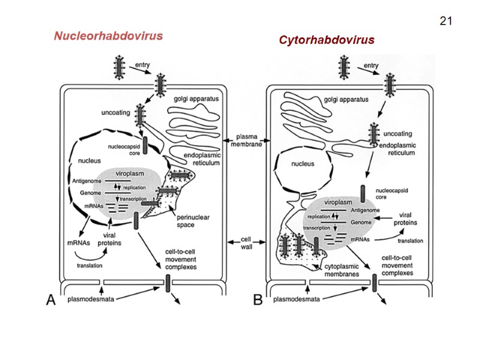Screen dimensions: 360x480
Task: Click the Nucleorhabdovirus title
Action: click(x=109, y=36)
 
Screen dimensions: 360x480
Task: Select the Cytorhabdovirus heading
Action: click(x=326, y=40)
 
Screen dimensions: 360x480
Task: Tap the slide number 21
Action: click(x=445, y=22)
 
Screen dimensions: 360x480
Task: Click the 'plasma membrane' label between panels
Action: click(x=247, y=140)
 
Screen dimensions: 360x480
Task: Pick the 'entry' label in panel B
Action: click(x=371, y=65)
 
